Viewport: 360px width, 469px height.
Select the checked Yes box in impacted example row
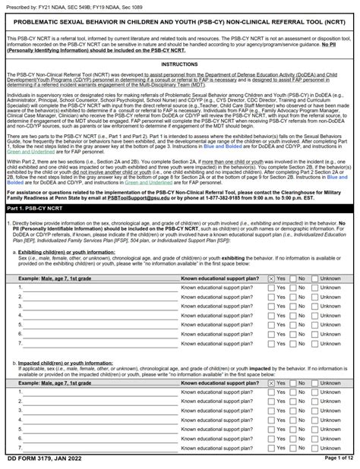point(271,377)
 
